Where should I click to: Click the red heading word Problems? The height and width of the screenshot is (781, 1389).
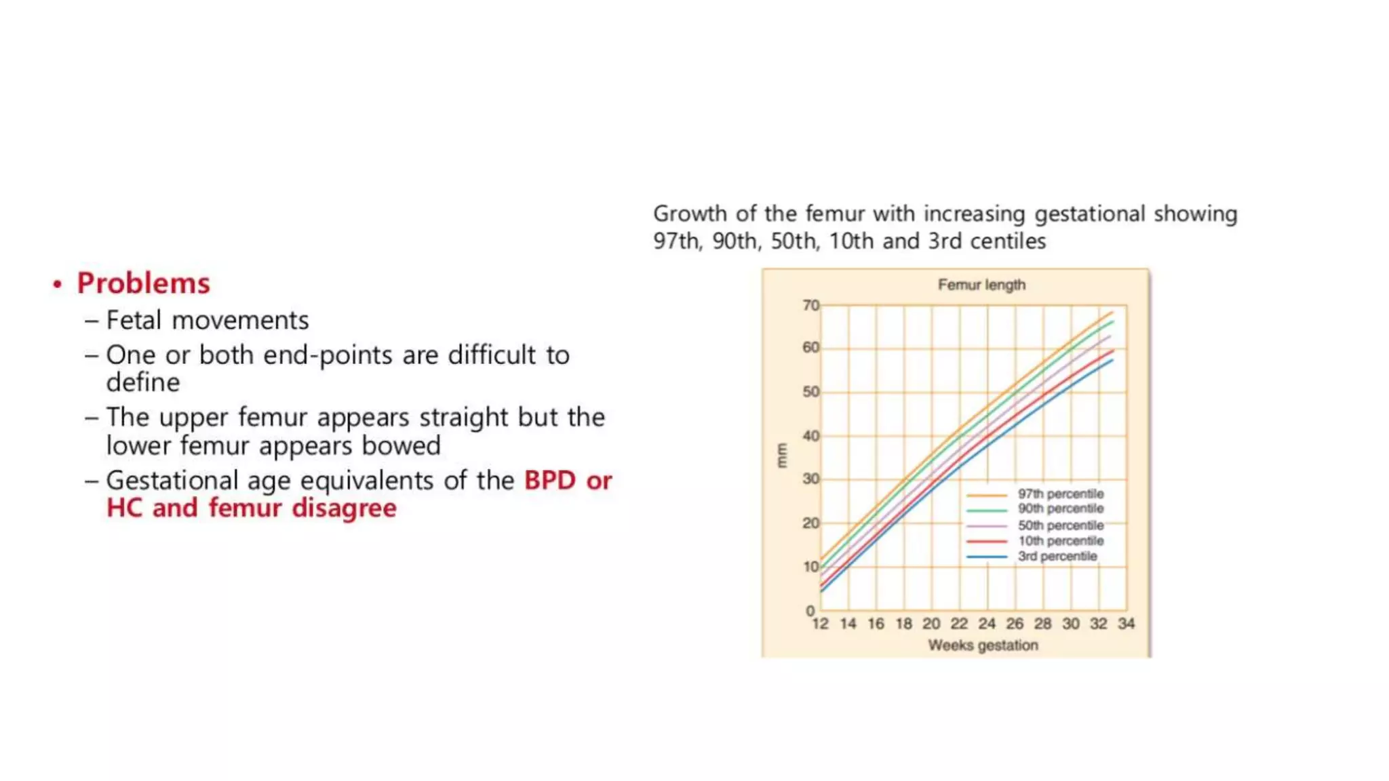[143, 283]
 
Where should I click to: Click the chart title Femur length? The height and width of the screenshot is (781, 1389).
[981, 285]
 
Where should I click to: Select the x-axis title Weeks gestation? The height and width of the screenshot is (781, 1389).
[983, 645]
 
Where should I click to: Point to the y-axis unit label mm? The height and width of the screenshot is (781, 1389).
[782, 456]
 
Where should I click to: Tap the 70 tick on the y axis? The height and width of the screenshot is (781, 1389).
[811, 306]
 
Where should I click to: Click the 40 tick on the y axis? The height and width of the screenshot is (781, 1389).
[811, 436]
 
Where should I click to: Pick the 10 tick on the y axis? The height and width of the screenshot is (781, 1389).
[811, 567]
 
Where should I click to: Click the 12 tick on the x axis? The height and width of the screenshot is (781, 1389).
[820, 624]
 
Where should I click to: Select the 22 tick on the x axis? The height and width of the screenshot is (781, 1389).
[959, 624]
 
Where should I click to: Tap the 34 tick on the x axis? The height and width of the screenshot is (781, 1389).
[1126, 624]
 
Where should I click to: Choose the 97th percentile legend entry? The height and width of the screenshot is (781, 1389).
[1061, 494]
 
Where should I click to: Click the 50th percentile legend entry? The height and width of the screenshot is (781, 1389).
[1061, 525]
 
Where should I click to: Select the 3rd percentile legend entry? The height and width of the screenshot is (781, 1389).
[1057, 557]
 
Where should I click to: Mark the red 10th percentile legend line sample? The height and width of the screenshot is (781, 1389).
[987, 542]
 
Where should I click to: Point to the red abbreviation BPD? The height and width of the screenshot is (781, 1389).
[550, 481]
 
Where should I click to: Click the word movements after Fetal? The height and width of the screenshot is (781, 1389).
[240, 321]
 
